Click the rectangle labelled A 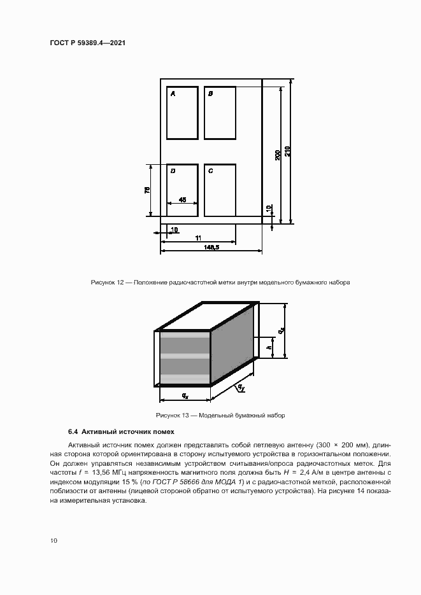point(182,113)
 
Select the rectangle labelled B point(220,113)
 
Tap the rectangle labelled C point(220,190)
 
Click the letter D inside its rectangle point(173,171)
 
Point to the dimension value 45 point(182,200)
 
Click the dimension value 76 point(146,190)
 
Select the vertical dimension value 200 point(278,155)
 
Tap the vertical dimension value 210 point(288,151)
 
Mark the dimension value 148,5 point(211,248)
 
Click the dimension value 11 point(198,237)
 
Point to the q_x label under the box point(185,396)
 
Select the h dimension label point(269,347)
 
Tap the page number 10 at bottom point(54,541)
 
